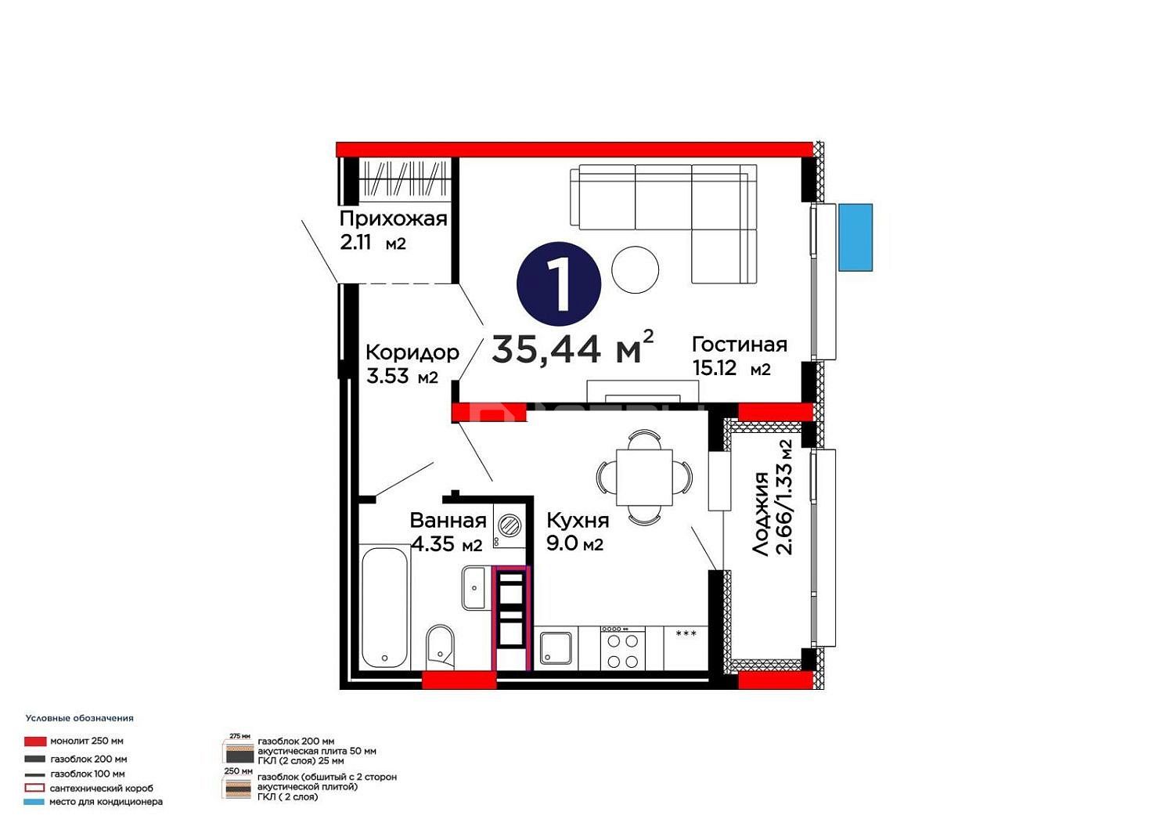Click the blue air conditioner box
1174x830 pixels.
[x=855, y=237]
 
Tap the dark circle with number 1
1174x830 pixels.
[x=559, y=283]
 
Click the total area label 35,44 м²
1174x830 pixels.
[x=573, y=347]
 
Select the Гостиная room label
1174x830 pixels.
[x=739, y=345]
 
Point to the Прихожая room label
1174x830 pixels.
[x=393, y=218]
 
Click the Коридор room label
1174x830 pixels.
[x=412, y=352]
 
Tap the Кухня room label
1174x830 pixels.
[x=578, y=520]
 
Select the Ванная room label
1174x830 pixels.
[x=448, y=520]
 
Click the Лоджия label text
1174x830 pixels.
[x=761, y=514]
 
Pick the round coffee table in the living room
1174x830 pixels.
[x=636, y=270]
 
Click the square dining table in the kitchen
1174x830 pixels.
[x=644, y=477]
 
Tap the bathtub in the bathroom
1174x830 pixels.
[x=385, y=607]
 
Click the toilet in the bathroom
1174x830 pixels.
[x=440, y=648]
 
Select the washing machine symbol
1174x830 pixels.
[x=509, y=525]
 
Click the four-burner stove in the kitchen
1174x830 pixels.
[x=623, y=648]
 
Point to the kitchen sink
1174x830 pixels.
[x=556, y=648]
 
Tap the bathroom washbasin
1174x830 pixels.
[x=475, y=588]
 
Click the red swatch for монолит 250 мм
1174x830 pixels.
[x=35, y=742]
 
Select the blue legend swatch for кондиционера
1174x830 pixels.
[x=34, y=802]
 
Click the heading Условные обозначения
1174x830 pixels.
[x=80, y=718]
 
